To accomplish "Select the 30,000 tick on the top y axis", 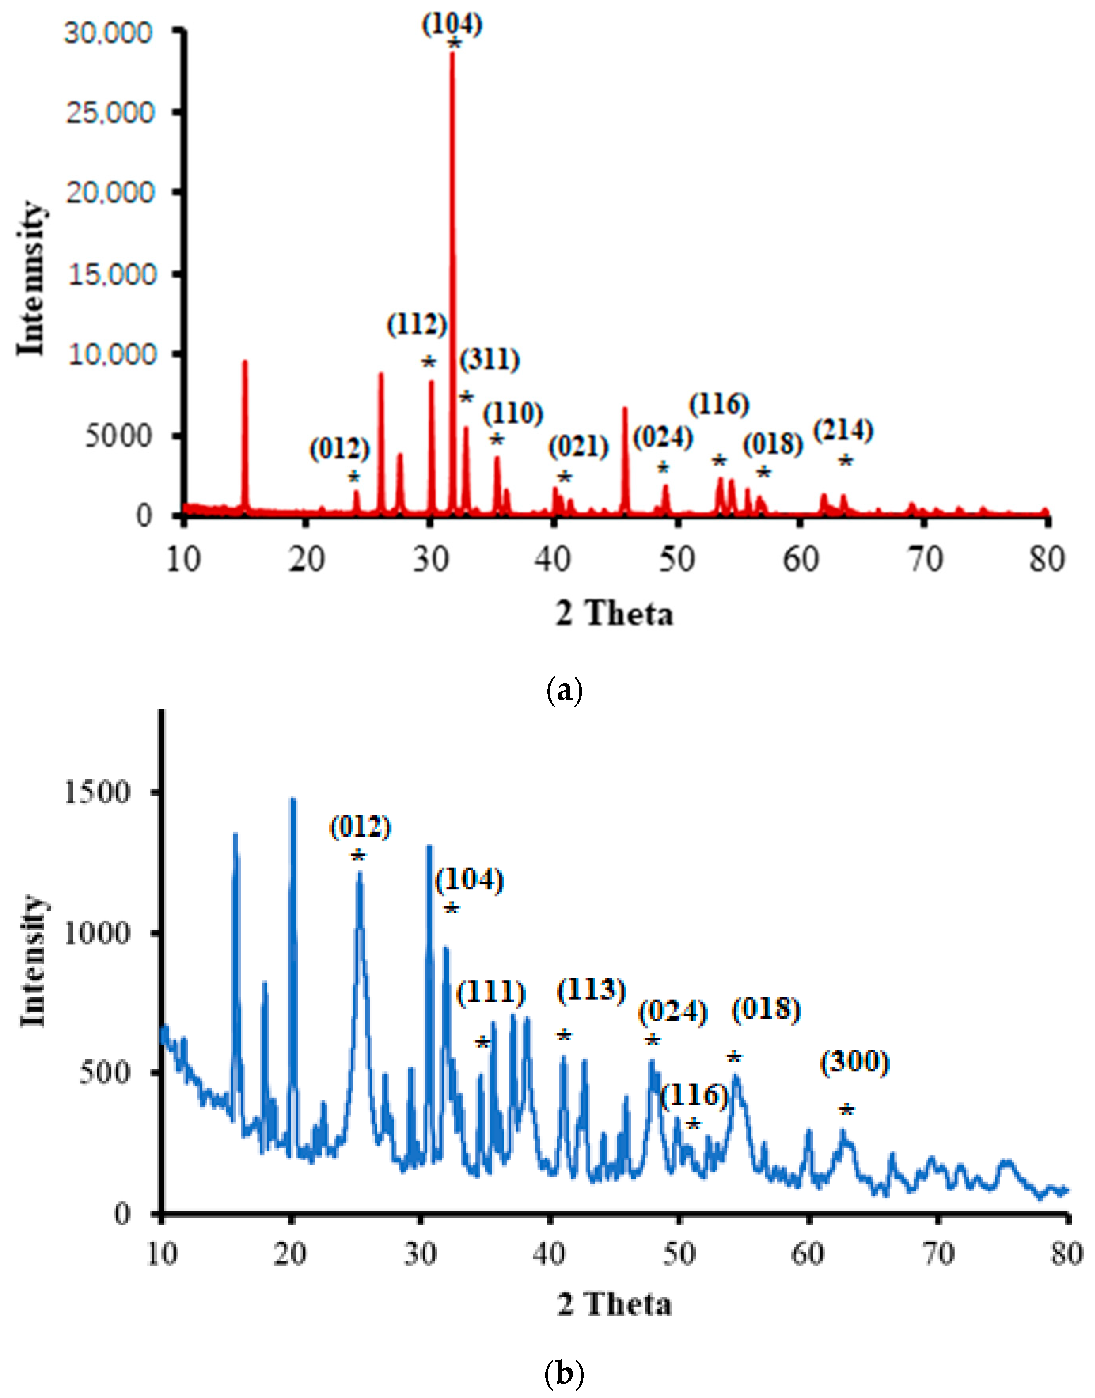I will pos(108,32).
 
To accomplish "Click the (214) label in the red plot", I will pos(844,431).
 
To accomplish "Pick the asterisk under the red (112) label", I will pos(428,363).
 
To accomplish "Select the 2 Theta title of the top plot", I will pos(614,614).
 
